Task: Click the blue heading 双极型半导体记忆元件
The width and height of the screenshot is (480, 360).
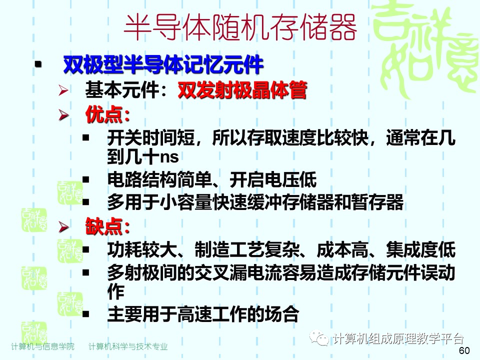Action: (x=163, y=64)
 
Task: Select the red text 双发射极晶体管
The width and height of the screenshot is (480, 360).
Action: (x=242, y=90)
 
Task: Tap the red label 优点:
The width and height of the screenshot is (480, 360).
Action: (x=107, y=115)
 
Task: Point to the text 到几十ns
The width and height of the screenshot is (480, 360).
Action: (x=142, y=156)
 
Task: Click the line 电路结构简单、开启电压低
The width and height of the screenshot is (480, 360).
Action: (x=211, y=179)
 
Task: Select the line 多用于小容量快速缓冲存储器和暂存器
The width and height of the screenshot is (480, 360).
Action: (x=255, y=202)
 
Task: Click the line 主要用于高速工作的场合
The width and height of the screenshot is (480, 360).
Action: (x=202, y=314)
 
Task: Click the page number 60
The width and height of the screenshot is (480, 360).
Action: (x=464, y=350)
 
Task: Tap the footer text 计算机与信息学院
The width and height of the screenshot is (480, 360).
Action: (x=42, y=346)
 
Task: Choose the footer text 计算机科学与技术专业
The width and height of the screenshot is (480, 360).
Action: (x=128, y=346)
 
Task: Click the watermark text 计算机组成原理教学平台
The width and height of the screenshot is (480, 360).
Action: (x=398, y=338)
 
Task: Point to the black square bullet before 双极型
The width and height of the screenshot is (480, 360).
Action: (x=37, y=65)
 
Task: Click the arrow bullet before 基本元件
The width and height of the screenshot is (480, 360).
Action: (x=63, y=90)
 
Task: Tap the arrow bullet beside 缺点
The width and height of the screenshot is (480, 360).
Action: (x=63, y=227)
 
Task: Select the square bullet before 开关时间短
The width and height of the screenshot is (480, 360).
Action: (x=86, y=137)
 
